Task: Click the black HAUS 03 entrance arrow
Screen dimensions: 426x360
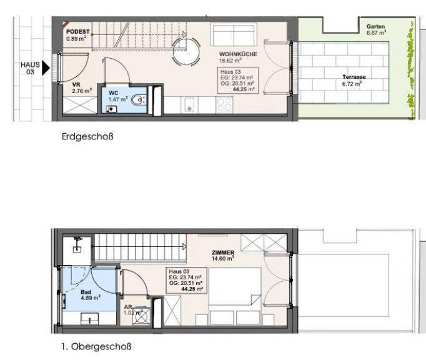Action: (x=46, y=68)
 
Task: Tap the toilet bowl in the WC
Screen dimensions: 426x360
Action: (x=139, y=100)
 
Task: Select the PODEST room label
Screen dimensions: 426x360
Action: (x=77, y=31)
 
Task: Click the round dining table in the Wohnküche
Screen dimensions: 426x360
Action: (x=186, y=52)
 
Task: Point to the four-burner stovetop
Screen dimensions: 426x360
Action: (x=224, y=104)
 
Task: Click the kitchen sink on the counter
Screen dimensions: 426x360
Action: (x=189, y=104)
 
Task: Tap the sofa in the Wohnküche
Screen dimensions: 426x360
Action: (x=234, y=35)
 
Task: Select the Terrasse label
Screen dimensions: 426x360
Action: (x=354, y=77)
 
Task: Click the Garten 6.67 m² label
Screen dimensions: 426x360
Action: (x=376, y=29)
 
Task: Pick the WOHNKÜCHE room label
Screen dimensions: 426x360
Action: (x=238, y=54)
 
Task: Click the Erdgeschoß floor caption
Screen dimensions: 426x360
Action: (x=87, y=136)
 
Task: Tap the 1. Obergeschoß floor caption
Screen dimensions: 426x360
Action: (x=96, y=346)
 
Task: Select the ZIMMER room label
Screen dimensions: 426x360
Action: (x=223, y=252)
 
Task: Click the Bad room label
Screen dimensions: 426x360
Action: (x=86, y=292)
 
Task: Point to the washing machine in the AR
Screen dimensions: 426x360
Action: (x=141, y=316)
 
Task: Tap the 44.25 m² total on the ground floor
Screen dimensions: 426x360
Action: (x=244, y=89)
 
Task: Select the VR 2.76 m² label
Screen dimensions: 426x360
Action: (x=81, y=88)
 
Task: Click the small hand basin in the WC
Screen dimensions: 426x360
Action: (x=111, y=109)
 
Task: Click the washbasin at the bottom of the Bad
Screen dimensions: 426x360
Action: (x=90, y=319)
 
